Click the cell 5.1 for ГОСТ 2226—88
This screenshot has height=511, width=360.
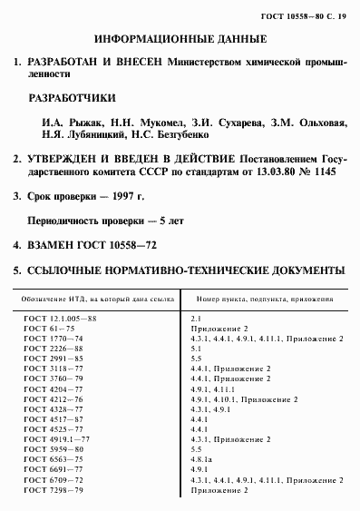point(195,349)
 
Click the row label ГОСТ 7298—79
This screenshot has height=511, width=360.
point(53,491)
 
